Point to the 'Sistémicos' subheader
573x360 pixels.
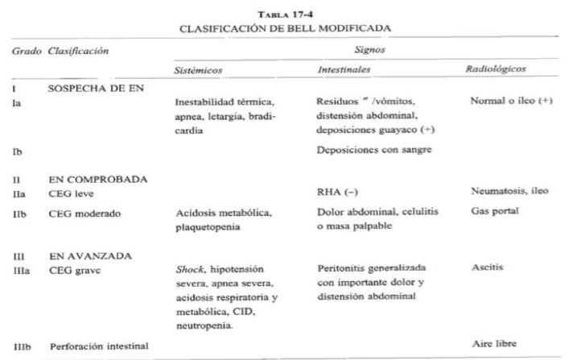(x=197, y=70)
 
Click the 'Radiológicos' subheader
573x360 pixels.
(x=497, y=70)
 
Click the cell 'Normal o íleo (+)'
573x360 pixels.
(x=511, y=103)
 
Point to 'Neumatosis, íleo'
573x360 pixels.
(x=509, y=193)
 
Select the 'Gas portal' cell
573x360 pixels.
(x=492, y=211)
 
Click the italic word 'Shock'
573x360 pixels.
(x=189, y=269)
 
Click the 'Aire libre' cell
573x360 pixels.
(x=493, y=345)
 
